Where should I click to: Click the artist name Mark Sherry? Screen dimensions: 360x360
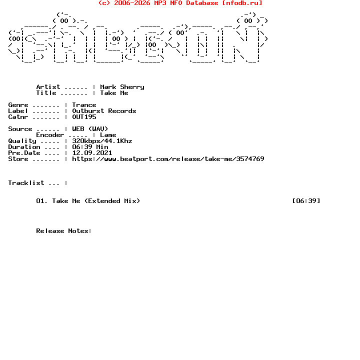(x=122, y=87)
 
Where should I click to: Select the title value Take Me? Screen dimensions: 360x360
(x=114, y=93)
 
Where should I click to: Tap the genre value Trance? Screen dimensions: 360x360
(x=84, y=105)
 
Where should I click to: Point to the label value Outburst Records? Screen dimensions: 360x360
(x=104, y=111)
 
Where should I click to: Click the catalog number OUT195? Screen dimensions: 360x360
(x=84, y=117)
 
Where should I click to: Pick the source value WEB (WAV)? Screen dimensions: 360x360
(x=90, y=129)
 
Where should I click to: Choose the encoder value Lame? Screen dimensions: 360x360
(x=108, y=135)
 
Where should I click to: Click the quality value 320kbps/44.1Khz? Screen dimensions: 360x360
(x=102, y=141)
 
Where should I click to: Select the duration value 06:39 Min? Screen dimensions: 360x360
(x=90, y=147)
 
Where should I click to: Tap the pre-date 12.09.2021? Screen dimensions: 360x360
(x=92, y=153)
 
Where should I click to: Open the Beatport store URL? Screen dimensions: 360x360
(x=168, y=159)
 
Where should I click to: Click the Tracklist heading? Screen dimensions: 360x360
(x=26, y=183)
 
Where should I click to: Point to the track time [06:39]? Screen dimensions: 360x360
(x=306, y=201)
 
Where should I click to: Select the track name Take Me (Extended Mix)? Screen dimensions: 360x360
(x=96, y=201)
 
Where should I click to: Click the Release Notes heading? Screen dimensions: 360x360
(x=64, y=231)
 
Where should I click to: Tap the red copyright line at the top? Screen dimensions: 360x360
(x=180, y=3)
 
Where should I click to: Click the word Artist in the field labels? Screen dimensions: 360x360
(x=48, y=87)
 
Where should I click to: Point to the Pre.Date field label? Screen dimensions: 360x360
(x=24, y=153)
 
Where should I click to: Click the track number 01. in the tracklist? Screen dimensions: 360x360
(x=42, y=201)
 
